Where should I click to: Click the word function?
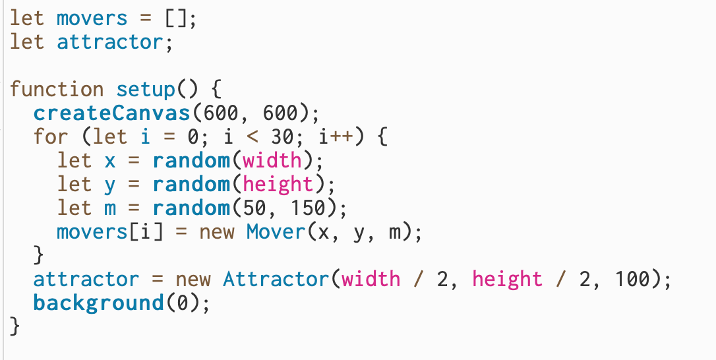coord(57,89)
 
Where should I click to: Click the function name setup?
coord(145,89)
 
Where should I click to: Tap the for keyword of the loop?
coord(51,136)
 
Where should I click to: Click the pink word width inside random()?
coord(272,160)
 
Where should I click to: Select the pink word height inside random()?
coord(278,184)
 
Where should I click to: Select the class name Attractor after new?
coord(275,279)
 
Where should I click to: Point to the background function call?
coord(98,303)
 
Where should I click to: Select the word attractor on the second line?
coord(109,42)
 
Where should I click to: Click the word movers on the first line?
coord(92,18)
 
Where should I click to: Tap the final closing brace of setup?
coord(15,326)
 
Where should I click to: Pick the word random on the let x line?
coord(193,160)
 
